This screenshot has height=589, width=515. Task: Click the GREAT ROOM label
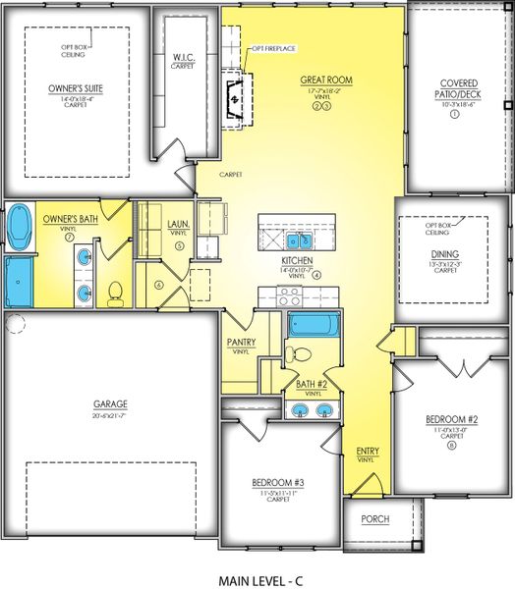[x=327, y=80]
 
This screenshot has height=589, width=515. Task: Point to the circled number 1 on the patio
[x=454, y=114]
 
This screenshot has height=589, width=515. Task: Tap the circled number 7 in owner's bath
[x=68, y=236]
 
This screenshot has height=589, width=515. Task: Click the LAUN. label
[x=178, y=223]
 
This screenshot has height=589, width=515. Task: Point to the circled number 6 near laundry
[x=158, y=286]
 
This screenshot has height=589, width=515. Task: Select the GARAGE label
[x=111, y=402]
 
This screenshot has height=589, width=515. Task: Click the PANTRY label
[x=242, y=342]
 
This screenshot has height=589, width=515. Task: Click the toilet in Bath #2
[x=301, y=354]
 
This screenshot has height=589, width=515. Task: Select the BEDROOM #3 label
[x=270, y=483]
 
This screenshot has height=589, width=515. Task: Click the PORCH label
[x=373, y=518]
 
